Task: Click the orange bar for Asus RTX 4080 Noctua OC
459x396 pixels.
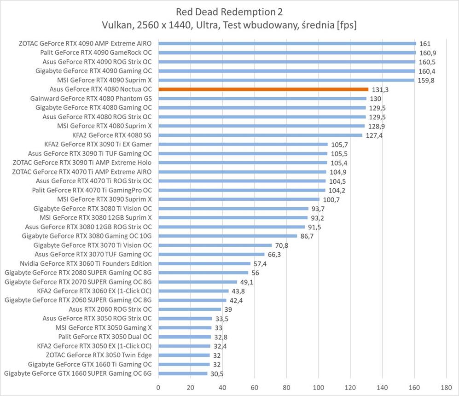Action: (x=263, y=89)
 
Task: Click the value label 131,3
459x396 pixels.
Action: (x=380, y=90)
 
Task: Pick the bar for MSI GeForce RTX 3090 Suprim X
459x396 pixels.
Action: (x=239, y=199)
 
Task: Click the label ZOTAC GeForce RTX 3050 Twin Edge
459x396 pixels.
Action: (x=99, y=355)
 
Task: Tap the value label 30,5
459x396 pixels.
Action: (x=217, y=373)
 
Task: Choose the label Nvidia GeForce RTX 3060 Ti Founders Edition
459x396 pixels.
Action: (x=86, y=263)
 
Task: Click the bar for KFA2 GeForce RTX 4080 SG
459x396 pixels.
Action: (x=260, y=135)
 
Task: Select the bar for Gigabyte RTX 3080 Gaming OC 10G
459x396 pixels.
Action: (x=227, y=236)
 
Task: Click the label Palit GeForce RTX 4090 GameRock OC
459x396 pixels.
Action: (x=96, y=52)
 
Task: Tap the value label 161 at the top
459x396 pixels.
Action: (x=425, y=44)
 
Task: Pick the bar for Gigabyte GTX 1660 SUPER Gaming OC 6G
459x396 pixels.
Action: (x=183, y=373)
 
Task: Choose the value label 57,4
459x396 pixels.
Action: (x=261, y=263)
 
